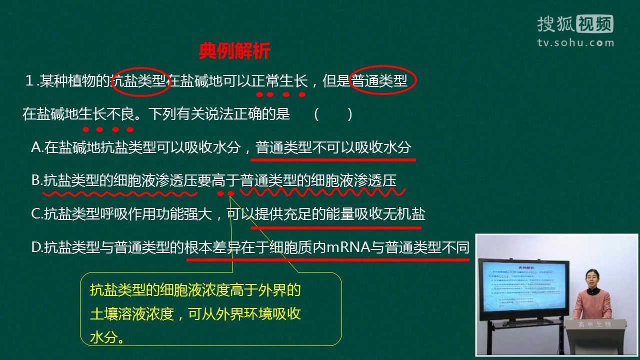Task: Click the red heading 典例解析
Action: point(234,51)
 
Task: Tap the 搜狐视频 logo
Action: point(575,24)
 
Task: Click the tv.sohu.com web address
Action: point(575,43)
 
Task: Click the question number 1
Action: point(29,80)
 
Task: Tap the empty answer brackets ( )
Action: point(333,115)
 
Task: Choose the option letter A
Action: point(36,147)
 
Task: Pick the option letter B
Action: point(36,180)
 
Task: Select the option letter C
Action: point(36,213)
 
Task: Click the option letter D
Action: point(36,247)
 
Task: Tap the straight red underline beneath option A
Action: point(333,160)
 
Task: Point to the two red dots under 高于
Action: point(225,193)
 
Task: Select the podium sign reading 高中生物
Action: point(595,324)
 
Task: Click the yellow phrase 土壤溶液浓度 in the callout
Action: point(132,313)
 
